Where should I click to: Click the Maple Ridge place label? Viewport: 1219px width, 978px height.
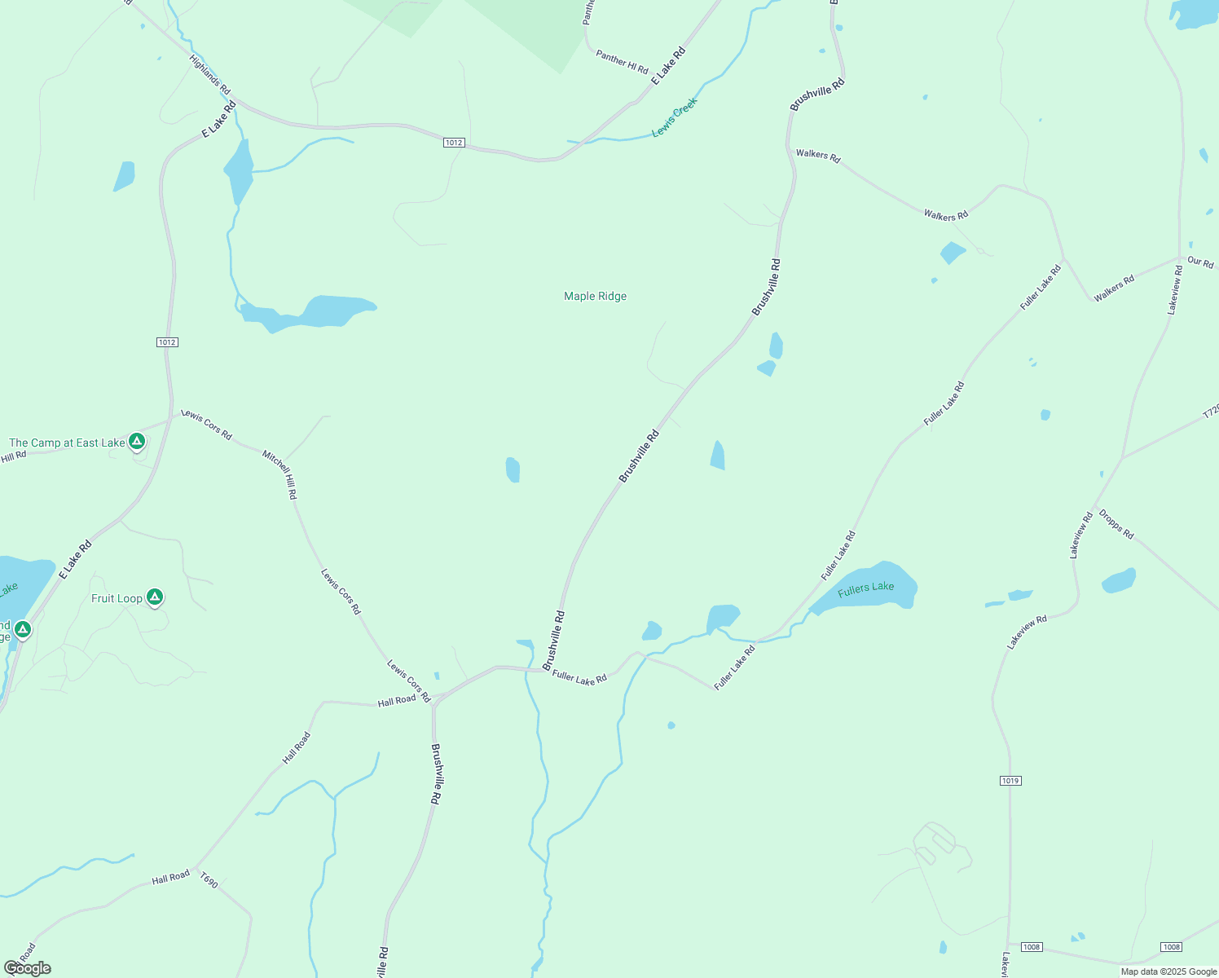(595, 296)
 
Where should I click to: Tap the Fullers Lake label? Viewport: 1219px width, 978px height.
(865, 588)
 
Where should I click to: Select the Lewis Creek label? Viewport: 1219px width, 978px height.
(675, 118)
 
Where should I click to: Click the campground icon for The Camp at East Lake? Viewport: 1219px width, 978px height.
(137, 442)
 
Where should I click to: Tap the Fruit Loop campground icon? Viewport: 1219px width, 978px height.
(155, 597)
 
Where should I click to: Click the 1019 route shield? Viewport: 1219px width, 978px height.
(1010, 781)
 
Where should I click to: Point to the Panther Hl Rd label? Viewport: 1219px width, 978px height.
(622, 61)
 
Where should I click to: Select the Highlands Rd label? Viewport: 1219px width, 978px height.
(209, 74)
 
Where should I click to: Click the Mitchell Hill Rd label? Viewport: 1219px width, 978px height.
(279, 474)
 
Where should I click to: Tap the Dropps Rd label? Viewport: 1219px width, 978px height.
(1116, 524)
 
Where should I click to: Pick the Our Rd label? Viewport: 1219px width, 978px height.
(1200, 262)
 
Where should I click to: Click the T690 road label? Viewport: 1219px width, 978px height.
(209, 881)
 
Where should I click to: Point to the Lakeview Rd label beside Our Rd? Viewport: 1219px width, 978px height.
(1174, 289)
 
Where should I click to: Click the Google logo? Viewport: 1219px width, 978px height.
(28, 968)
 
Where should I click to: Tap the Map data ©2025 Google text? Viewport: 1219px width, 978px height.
(1168, 971)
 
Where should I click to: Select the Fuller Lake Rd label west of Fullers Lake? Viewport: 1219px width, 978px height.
(838, 555)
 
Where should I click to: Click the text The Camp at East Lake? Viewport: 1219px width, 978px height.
(67, 443)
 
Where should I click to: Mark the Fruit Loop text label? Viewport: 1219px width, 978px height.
(117, 598)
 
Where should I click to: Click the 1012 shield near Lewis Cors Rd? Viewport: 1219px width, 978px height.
(167, 342)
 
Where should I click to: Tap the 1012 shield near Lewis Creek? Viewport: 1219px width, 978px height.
(454, 143)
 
